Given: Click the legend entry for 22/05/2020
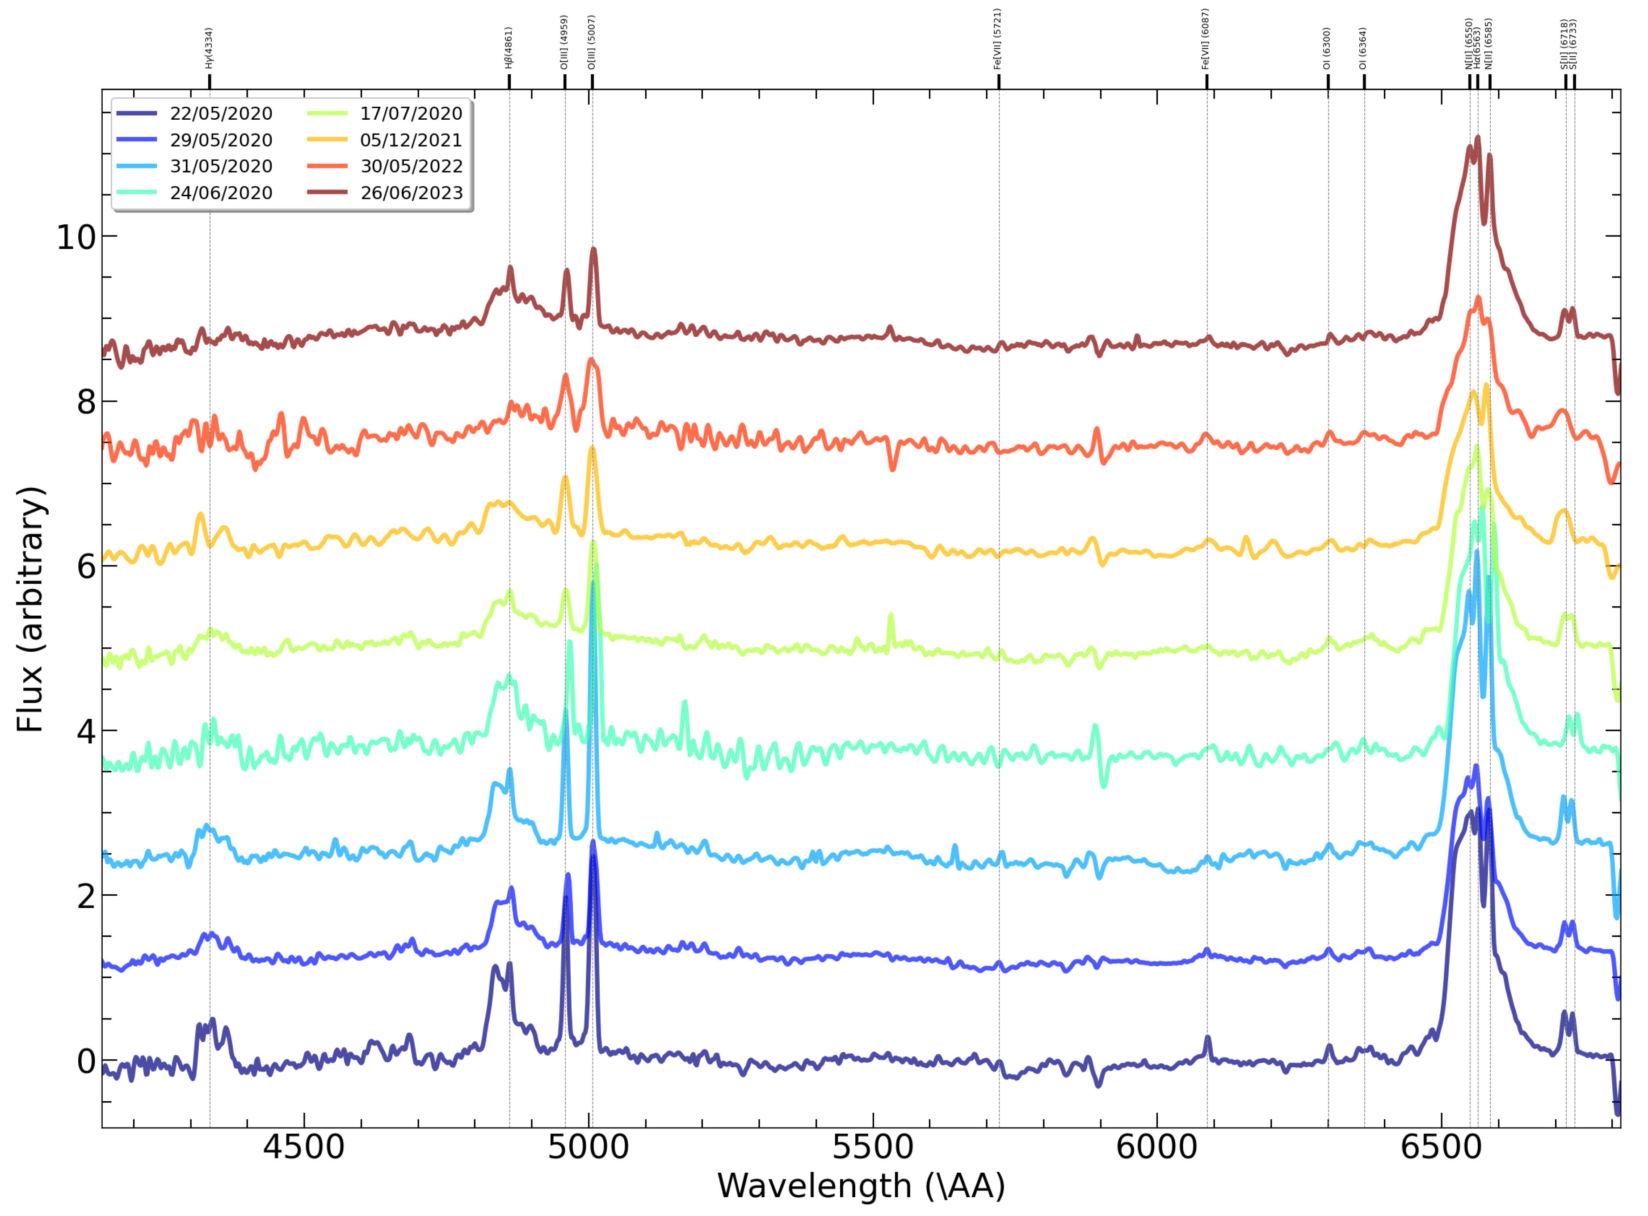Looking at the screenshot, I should [221, 114].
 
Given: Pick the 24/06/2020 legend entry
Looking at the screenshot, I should [221, 193].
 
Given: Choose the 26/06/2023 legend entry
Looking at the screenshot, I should [411, 193].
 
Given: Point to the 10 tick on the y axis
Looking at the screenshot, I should [76, 238].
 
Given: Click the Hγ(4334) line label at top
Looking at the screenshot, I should [209, 49].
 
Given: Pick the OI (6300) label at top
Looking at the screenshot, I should [1328, 49].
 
